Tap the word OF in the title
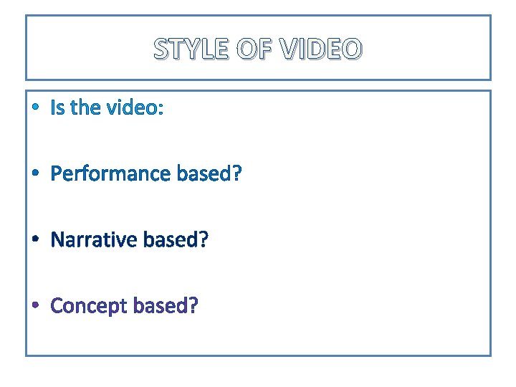252,49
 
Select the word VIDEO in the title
321,49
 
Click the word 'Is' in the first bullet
57,107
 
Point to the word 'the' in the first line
85,107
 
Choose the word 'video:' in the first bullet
135,107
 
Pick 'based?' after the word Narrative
176,239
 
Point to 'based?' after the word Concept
166,306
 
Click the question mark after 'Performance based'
237,173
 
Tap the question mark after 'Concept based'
193,306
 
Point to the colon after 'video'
161,109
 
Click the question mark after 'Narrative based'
204,239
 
